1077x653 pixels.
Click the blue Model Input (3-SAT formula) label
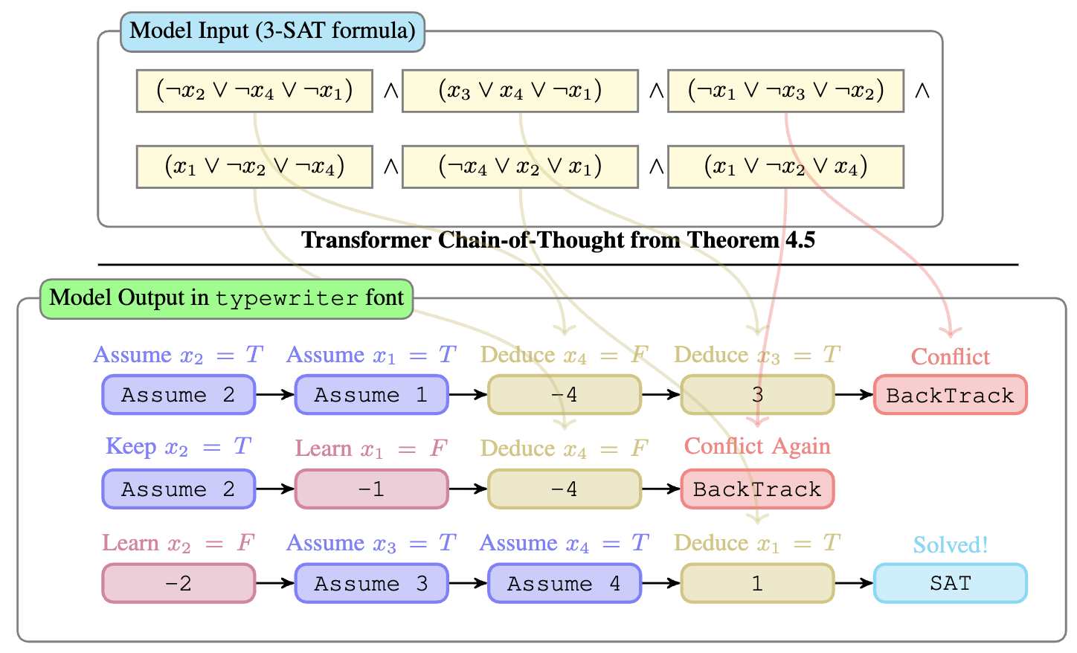click(272, 31)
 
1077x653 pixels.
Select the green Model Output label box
click(226, 299)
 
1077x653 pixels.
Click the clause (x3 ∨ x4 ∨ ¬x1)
click(520, 91)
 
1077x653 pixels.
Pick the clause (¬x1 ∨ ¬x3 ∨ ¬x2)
click(785, 91)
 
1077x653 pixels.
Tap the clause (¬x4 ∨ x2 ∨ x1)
click(520, 167)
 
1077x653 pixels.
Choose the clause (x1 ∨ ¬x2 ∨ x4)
click(785, 167)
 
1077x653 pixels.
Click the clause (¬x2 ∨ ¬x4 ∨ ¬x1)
click(254, 91)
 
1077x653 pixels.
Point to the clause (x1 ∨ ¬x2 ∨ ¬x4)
click(254, 167)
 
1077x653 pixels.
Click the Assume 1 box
click(371, 395)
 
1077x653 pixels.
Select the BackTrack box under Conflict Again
click(757, 489)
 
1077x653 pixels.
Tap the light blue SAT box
click(950, 584)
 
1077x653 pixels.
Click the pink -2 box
click(179, 584)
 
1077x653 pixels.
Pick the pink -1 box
click(371, 489)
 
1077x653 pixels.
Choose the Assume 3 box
click(371, 584)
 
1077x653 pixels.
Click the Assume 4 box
click(564, 584)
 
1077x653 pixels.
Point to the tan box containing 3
click(757, 395)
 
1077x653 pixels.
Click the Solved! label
click(950, 545)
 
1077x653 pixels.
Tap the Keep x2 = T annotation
click(179, 447)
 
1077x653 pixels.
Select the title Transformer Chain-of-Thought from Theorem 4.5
click(558, 240)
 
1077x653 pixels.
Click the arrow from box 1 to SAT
click(853, 584)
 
